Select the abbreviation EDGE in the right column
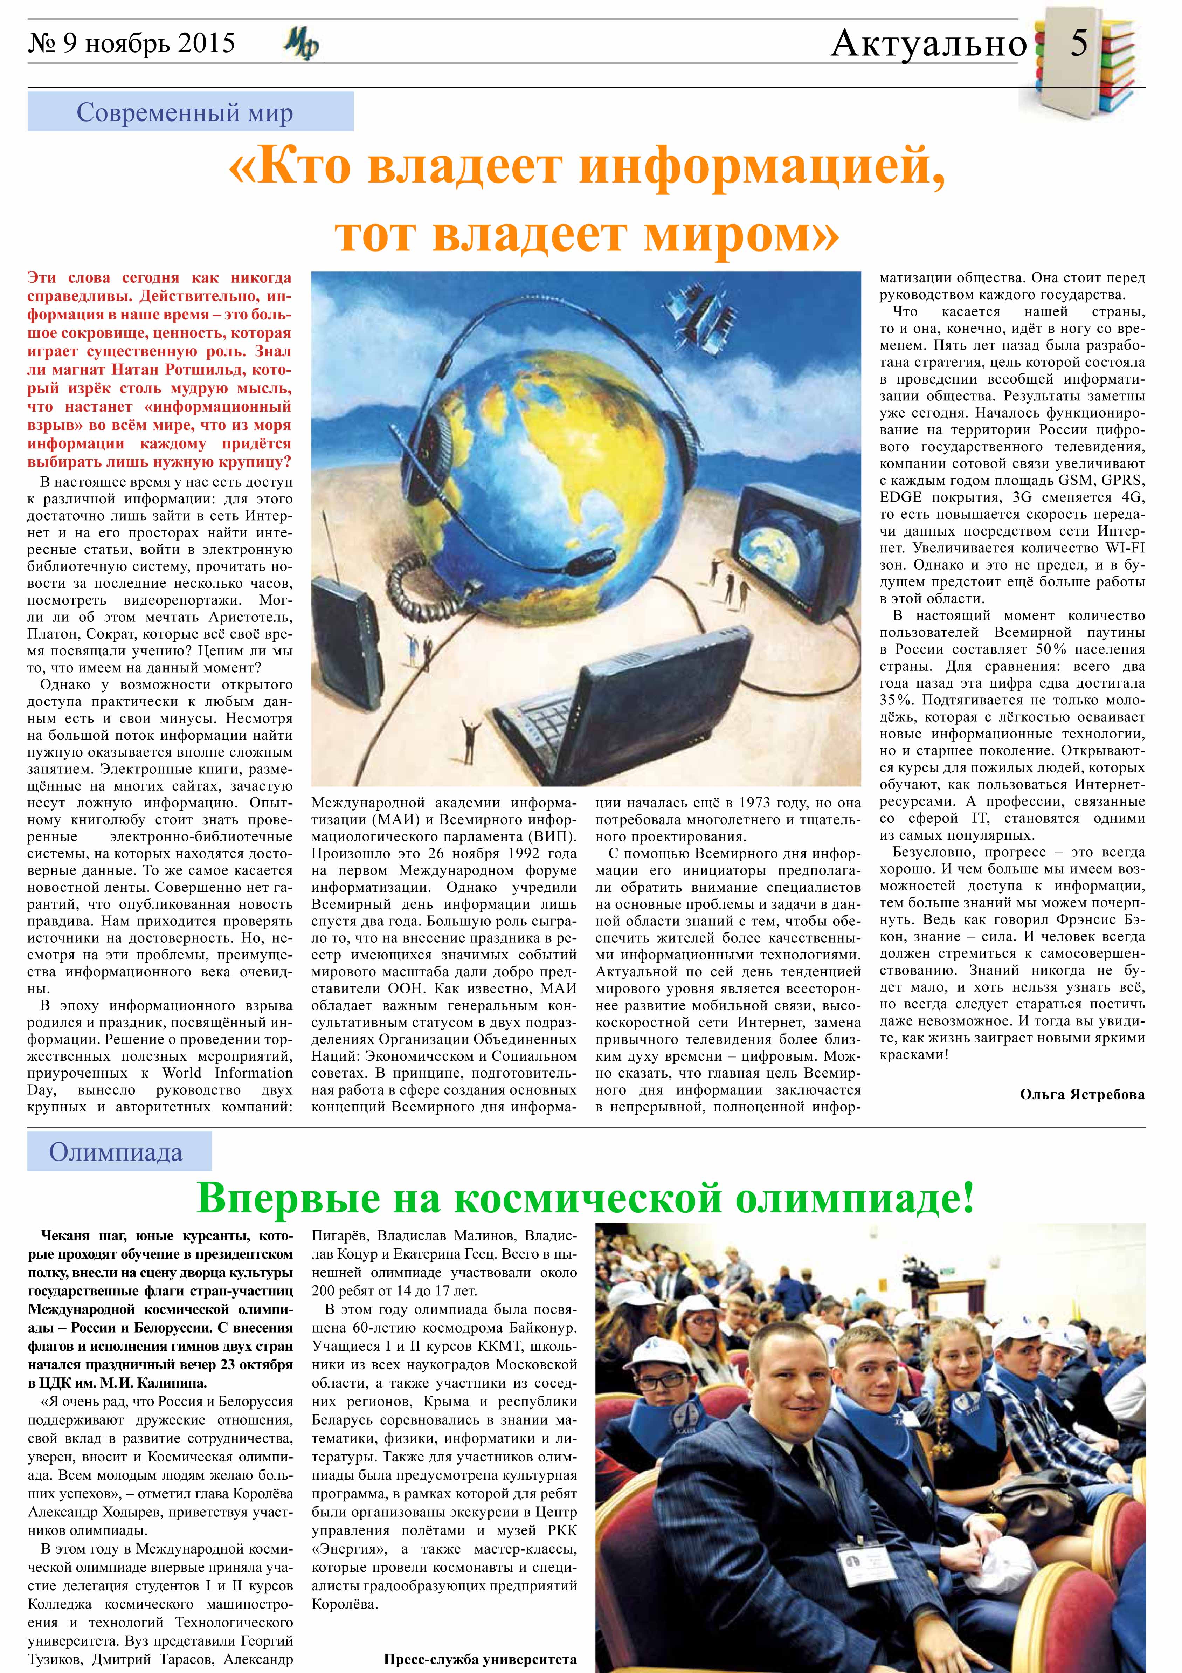[901, 498]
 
